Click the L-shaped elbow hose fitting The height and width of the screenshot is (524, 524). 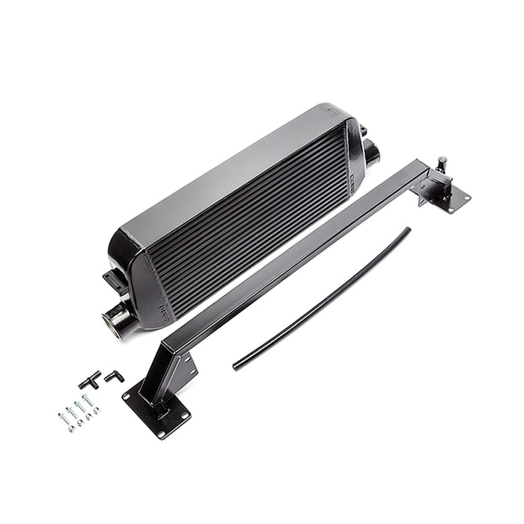coord(114,376)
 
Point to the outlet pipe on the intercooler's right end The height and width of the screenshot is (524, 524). coord(372,153)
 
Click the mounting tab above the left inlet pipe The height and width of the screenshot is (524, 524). coord(113,280)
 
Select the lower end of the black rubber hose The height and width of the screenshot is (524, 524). coord(237,366)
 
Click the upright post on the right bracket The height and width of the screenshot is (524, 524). coord(442,166)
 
